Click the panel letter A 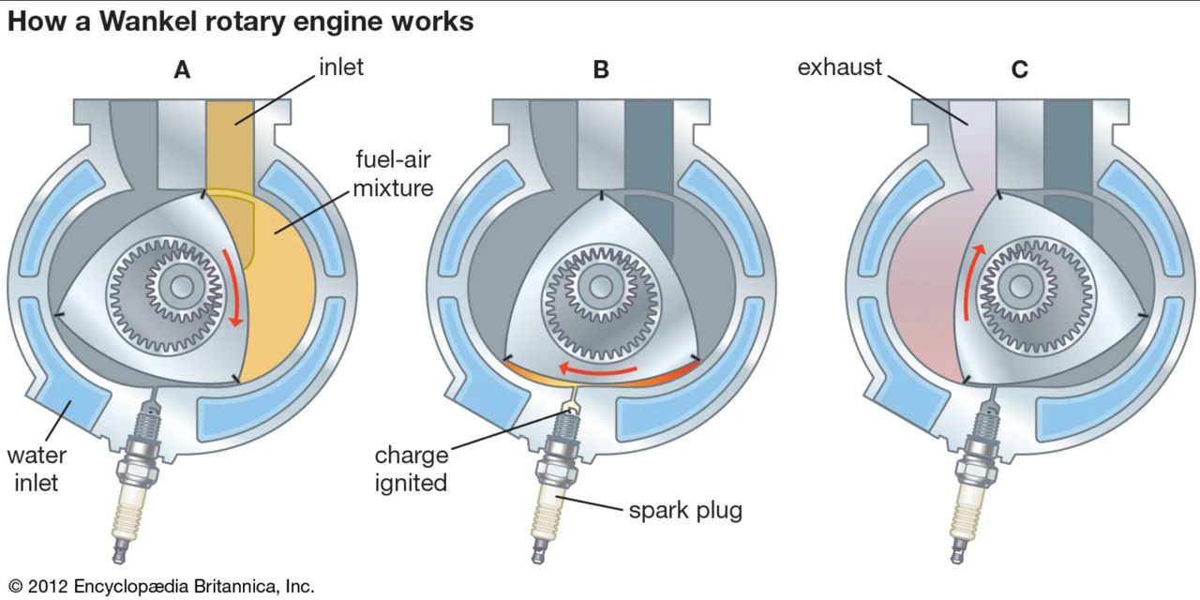coord(182,69)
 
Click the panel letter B coord(601,69)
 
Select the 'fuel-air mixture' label coord(393,172)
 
